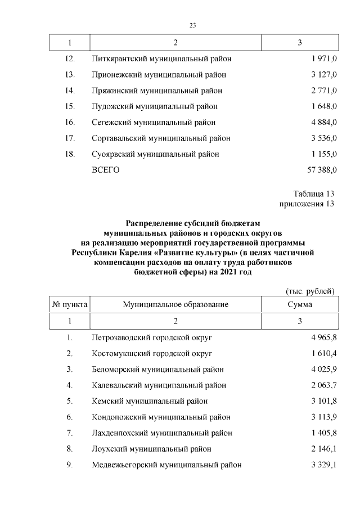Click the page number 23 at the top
pyautogui.click(x=192, y=25)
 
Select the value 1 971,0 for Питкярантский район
pyautogui.click(x=323, y=59)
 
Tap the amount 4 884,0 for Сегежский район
pyautogui.click(x=323, y=122)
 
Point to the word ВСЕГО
pyautogui.click(x=106, y=169)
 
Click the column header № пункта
pyautogui.click(x=70, y=304)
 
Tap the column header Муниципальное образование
pyautogui.click(x=175, y=304)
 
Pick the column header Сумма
pyautogui.click(x=299, y=304)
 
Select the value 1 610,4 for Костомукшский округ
pyautogui.click(x=323, y=354)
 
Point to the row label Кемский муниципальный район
pyautogui.click(x=149, y=401)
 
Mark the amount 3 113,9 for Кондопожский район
pyautogui.click(x=323, y=417)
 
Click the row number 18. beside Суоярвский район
pyautogui.click(x=70, y=154)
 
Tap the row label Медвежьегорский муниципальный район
pyautogui.click(x=166, y=465)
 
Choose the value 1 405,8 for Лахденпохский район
pyautogui.click(x=323, y=433)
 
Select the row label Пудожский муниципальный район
pyautogui.click(x=154, y=106)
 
